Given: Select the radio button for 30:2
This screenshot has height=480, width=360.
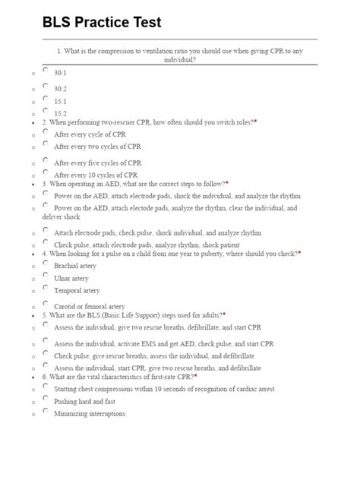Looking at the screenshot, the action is [46, 86].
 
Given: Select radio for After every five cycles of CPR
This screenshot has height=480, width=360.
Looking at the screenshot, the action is [46, 159].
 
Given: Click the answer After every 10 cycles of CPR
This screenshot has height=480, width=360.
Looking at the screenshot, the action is [98, 174].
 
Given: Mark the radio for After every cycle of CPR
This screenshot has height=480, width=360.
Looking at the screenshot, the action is [46, 131].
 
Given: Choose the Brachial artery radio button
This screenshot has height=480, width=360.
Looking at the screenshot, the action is [46, 264].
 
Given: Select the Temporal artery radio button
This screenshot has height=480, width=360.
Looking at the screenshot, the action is [46, 288].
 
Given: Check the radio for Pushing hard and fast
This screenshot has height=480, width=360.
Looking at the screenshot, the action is [46, 398].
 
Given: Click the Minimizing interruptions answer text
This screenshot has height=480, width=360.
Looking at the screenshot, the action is [90, 413].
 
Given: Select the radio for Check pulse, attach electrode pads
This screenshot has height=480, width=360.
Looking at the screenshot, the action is [46, 242].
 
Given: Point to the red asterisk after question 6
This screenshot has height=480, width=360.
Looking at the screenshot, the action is [195, 376].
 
